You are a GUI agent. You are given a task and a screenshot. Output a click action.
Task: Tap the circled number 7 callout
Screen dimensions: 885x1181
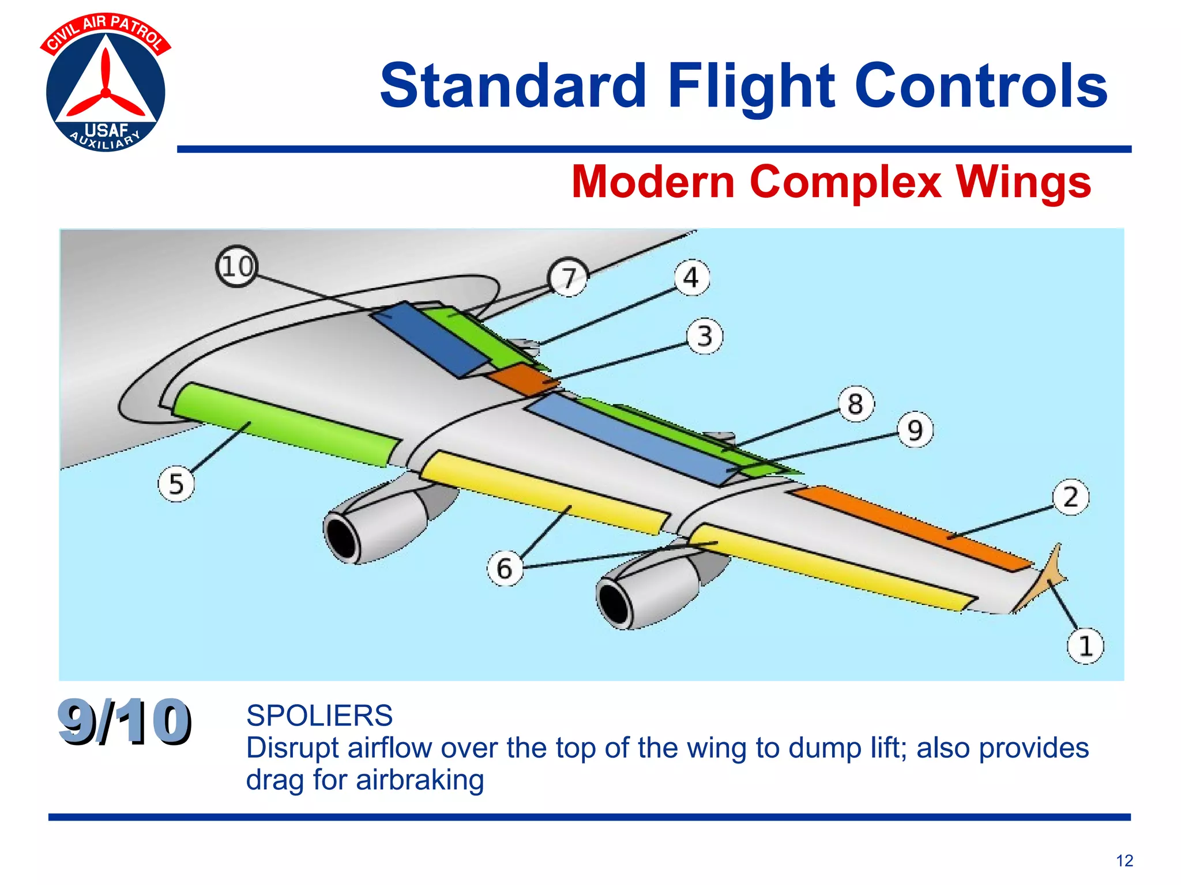(x=569, y=278)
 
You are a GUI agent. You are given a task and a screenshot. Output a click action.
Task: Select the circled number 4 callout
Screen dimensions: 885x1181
(x=691, y=278)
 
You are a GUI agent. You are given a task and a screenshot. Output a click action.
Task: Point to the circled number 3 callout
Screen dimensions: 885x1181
(x=705, y=336)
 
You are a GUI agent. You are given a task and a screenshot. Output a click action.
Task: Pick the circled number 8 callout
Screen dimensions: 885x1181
(x=856, y=403)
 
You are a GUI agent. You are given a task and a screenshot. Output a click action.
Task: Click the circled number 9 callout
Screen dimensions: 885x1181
(x=915, y=430)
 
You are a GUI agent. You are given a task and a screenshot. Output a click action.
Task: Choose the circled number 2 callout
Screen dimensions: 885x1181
(x=1070, y=497)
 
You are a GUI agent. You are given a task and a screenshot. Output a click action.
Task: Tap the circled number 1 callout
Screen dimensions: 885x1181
(x=1085, y=645)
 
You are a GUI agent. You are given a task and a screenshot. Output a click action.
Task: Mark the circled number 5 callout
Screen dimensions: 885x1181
(x=176, y=484)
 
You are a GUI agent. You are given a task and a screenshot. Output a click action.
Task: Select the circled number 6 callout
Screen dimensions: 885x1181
(x=505, y=568)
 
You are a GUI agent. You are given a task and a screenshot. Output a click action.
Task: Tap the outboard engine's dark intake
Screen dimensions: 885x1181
(x=615, y=603)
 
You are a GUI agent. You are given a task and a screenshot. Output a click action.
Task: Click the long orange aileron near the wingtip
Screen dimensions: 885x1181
(x=911, y=527)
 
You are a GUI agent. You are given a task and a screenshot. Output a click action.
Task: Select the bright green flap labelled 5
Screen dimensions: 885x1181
(x=285, y=423)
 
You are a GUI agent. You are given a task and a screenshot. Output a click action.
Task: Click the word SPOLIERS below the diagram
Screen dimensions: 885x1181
(x=319, y=716)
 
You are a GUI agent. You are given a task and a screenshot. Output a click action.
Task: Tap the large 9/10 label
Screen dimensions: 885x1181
(x=124, y=721)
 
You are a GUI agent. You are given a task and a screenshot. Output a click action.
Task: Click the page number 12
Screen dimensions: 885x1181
(x=1124, y=861)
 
